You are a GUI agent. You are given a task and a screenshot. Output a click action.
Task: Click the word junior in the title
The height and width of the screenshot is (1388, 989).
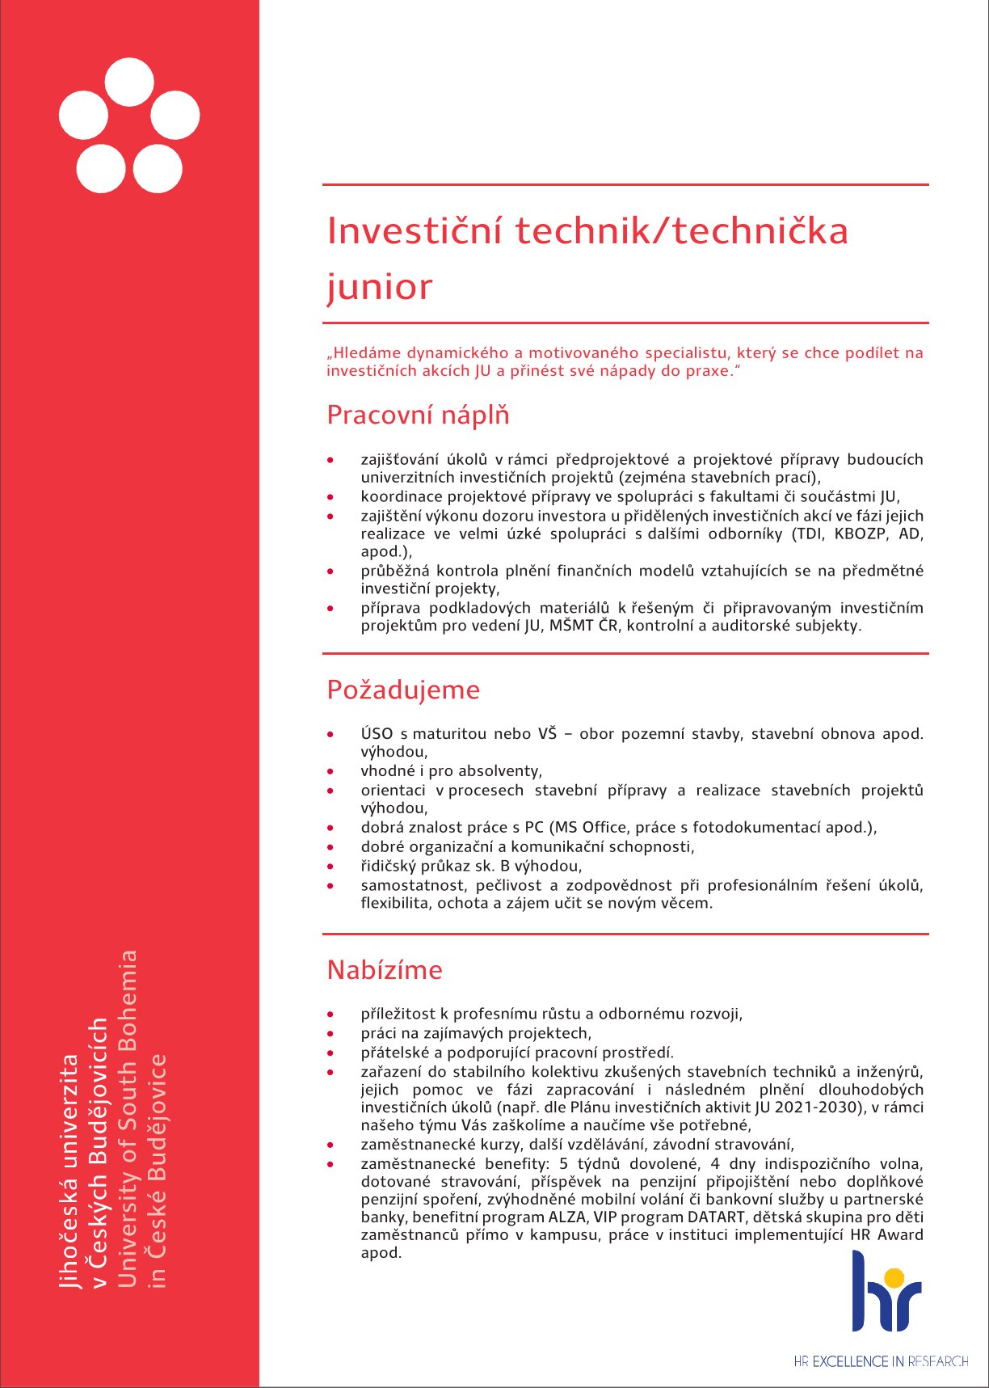coord(379,288)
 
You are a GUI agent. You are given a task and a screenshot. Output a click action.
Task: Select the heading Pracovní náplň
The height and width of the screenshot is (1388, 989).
coord(418,416)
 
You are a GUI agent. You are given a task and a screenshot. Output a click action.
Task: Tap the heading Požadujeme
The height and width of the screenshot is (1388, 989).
coord(403,690)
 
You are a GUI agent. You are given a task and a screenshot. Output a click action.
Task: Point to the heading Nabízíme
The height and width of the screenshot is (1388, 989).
coord(385,969)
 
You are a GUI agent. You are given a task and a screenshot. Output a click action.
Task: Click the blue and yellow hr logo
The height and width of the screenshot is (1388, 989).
coord(886,1291)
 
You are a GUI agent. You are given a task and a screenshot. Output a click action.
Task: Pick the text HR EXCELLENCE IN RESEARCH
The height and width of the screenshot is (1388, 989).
coord(881,1361)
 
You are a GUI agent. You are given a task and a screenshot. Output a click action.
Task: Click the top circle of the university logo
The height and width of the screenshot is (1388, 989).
coord(129,82)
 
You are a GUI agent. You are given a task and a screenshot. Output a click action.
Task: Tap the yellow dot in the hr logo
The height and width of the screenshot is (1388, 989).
coord(894,1277)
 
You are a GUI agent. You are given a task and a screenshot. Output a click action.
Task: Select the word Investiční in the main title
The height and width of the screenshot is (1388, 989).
coord(415,231)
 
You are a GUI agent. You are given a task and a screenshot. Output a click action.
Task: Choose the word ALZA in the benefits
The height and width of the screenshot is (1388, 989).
coord(568,1217)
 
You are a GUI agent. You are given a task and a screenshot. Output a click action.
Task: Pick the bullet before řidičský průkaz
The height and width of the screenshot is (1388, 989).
coord(330,867)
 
